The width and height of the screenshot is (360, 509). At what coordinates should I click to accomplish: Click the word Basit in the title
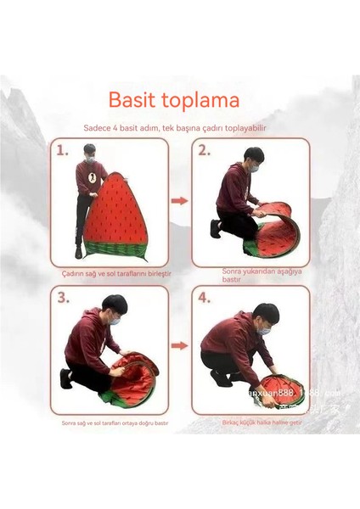coord(134,101)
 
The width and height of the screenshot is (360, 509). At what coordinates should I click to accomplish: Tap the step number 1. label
coord(63,151)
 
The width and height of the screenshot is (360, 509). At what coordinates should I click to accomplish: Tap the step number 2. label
coord(205,151)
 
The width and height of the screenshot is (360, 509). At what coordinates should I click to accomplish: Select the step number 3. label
coord(63,298)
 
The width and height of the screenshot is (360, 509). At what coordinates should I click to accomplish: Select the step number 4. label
coord(205,298)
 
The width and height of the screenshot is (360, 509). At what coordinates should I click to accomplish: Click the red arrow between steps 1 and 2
coord(179,201)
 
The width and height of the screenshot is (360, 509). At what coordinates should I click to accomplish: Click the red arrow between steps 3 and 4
coord(179,346)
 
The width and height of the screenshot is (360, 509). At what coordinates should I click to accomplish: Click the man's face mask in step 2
coord(252,169)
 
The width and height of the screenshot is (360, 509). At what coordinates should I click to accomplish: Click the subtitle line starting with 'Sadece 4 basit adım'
coord(179,128)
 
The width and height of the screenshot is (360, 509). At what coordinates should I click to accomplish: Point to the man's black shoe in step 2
coord(217,227)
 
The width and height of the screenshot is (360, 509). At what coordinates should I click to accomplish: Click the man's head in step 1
coord(90,153)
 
